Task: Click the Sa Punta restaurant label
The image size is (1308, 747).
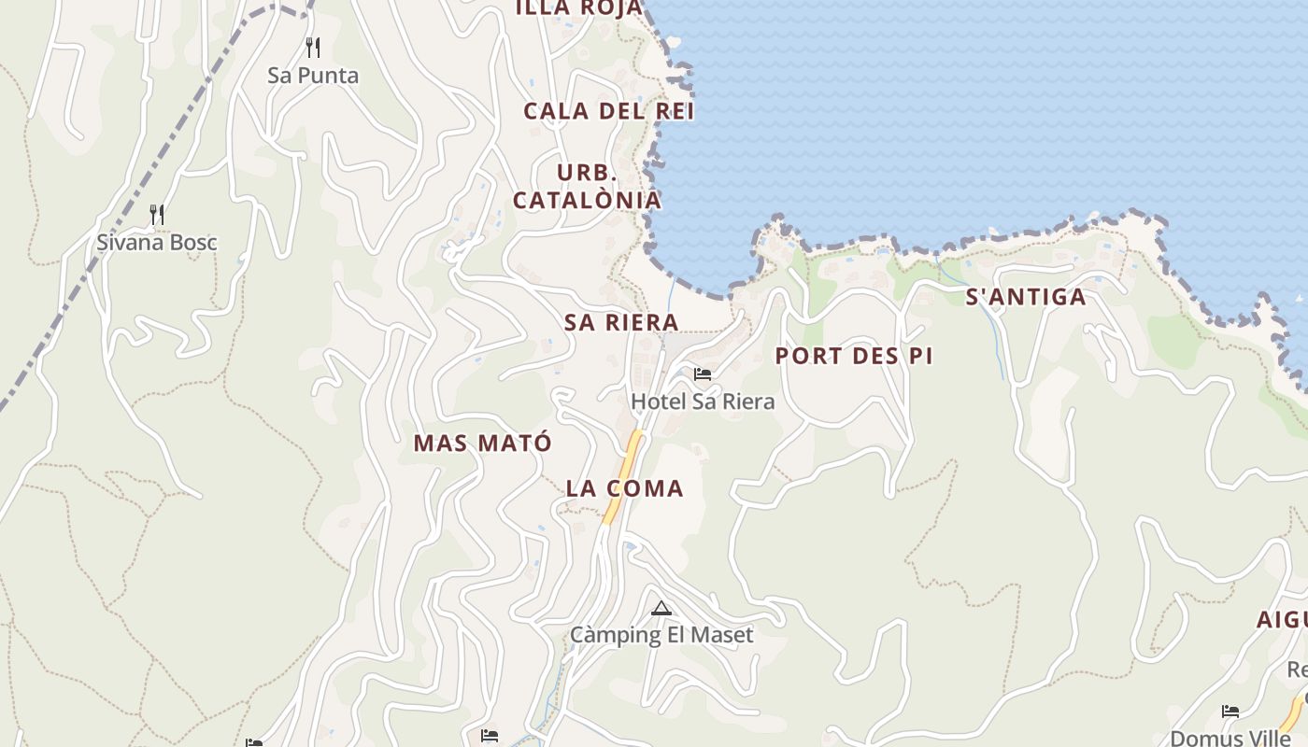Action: tap(313, 76)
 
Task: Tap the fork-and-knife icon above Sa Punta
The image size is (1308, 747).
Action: tap(313, 47)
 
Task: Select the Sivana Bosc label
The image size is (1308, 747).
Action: tap(157, 243)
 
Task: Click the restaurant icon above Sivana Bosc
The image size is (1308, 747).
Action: tap(157, 215)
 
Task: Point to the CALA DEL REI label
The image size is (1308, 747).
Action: tap(608, 111)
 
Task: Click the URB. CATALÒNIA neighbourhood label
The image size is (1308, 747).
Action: tap(587, 187)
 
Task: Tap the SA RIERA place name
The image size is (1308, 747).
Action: tap(620, 322)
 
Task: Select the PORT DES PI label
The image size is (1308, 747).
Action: tap(854, 356)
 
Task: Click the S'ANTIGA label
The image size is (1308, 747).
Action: tap(1025, 297)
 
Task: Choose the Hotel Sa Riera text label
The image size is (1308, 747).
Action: tap(703, 402)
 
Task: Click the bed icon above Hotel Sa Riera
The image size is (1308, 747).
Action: tap(703, 374)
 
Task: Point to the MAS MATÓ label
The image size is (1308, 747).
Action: tap(482, 443)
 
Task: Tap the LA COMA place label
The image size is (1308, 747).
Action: tap(624, 488)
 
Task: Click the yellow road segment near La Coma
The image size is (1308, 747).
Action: tap(623, 476)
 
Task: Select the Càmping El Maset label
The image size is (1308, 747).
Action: tap(661, 636)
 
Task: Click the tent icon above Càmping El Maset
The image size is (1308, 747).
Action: tap(661, 609)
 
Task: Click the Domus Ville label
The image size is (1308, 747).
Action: tap(1230, 738)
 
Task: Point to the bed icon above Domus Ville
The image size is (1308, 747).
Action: tap(1230, 712)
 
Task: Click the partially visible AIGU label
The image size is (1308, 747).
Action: tap(1281, 619)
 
